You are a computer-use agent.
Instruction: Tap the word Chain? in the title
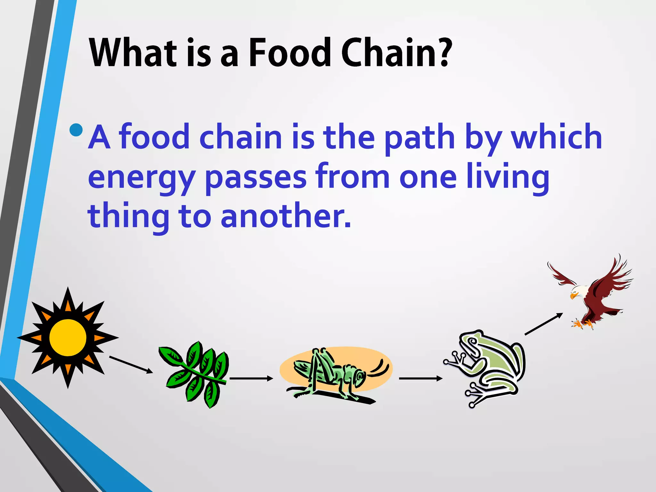(x=397, y=53)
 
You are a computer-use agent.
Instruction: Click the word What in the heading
(x=133, y=53)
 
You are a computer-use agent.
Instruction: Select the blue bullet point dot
(x=76, y=130)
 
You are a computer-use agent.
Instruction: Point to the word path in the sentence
(x=420, y=138)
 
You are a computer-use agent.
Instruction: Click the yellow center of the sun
(x=68, y=337)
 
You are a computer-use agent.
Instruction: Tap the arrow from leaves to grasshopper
(x=251, y=379)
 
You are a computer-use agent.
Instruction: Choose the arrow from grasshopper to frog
(x=420, y=379)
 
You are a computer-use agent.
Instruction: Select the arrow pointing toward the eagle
(x=543, y=324)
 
